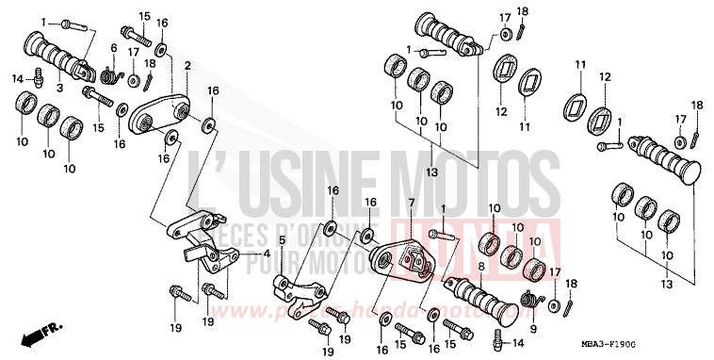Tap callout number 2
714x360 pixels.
pyautogui.click(x=187, y=66)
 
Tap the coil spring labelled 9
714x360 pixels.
pyautogui.click(x=533, y=301)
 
